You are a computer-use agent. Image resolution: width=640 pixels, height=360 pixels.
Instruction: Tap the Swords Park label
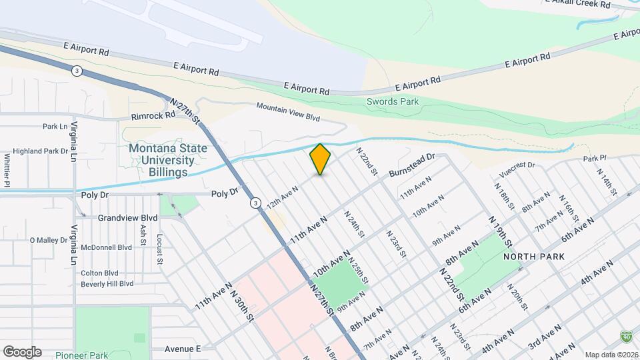(x=393, y=102)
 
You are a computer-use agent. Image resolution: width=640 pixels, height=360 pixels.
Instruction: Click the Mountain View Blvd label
(x=288, y=112)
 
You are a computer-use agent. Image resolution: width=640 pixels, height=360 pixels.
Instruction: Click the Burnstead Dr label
(x=411, y=165)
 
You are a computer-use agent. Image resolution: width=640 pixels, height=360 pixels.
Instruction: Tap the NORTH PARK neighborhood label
(x=534, y=257)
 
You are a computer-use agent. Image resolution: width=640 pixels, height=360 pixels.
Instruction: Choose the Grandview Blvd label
(x=127, y=218)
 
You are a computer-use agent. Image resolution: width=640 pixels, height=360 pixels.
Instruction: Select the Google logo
(x=22, y=352)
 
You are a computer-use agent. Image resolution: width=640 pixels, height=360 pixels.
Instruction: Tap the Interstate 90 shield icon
(x=625, y=336)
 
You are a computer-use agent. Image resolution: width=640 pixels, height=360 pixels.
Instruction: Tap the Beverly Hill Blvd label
(x=107, y=283)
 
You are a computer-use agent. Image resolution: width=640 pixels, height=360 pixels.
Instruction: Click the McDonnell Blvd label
(x=106, y=247)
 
